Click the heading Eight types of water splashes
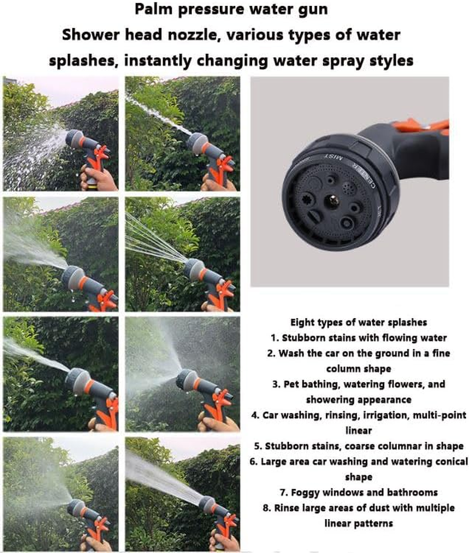[x=358, y=322]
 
